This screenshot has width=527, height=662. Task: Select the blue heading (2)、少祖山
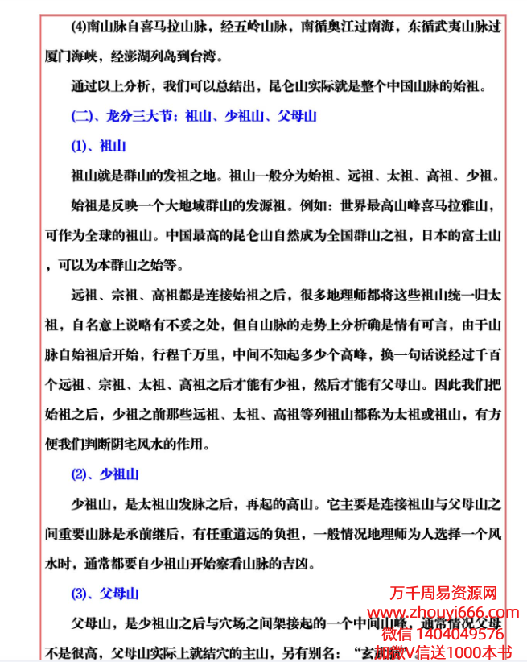(x=105, y=474)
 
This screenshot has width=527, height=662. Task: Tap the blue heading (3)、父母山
(x=105, y=594)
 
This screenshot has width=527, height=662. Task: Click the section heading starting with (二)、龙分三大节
(x=194, y=116)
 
